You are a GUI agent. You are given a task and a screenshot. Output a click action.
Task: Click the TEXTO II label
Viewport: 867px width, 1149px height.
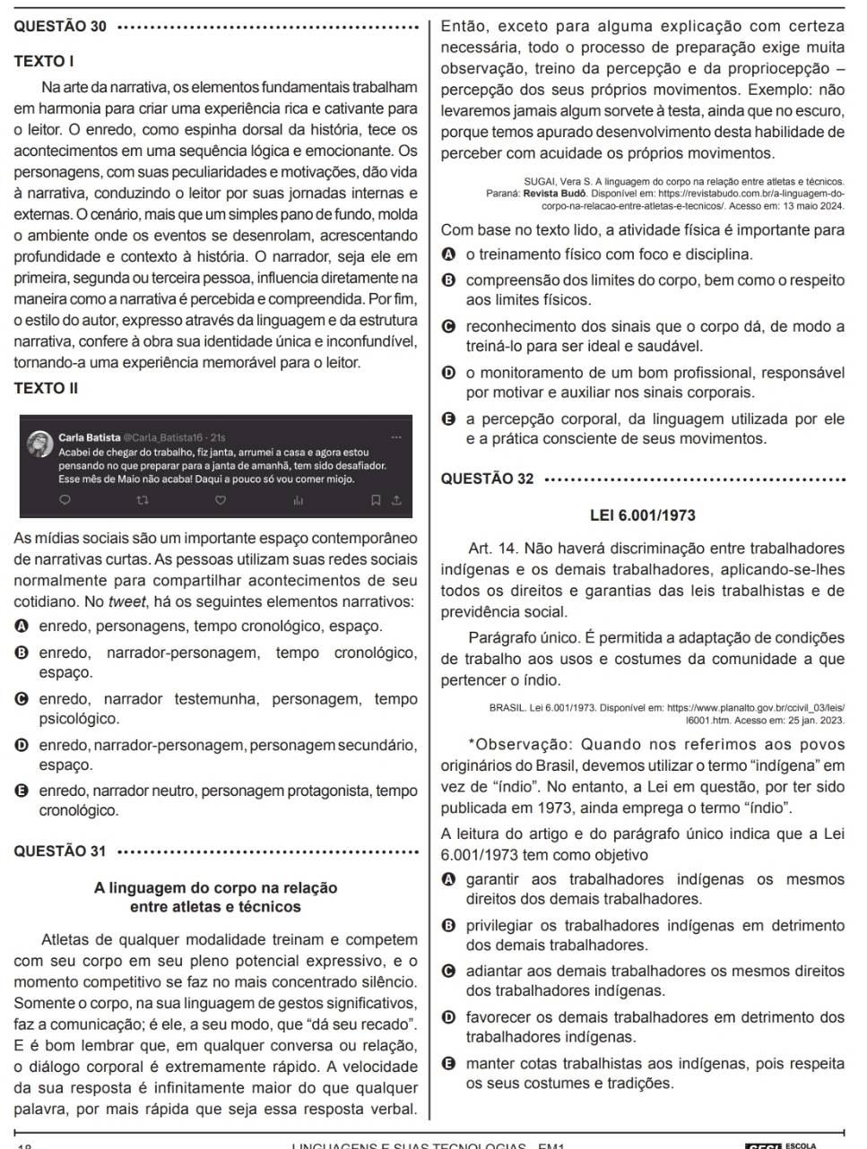(x=47, y=388)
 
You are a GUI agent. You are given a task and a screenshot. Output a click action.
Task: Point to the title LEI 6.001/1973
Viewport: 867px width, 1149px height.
(x=643, y=515)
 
